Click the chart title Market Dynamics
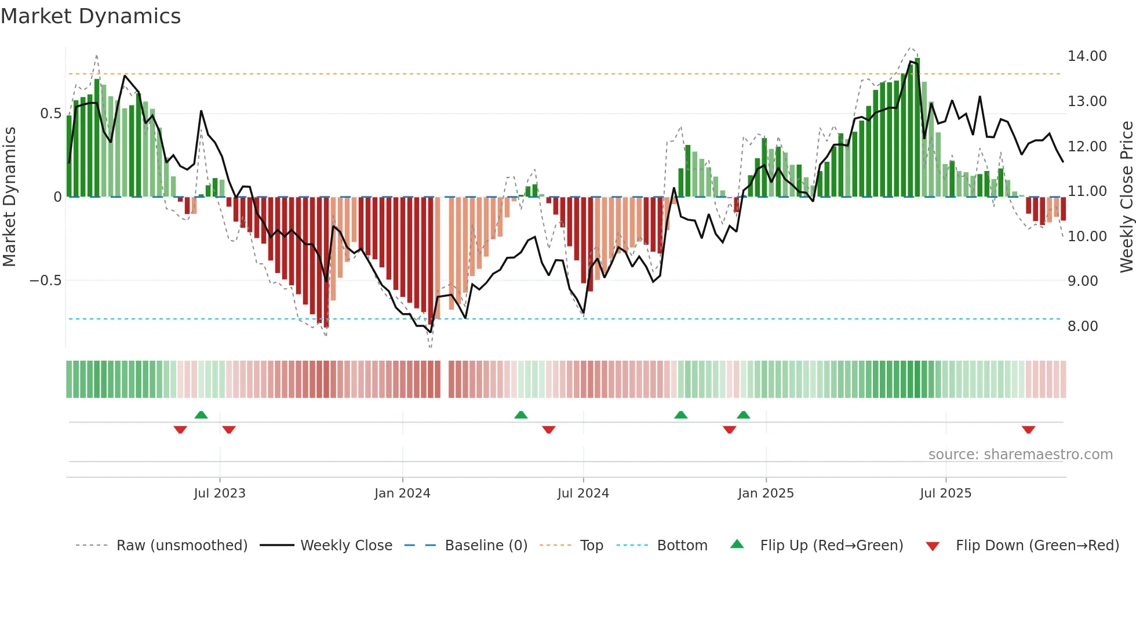pos(90,16)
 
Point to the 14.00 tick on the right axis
pos(1087,56)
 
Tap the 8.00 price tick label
pos(1082,326)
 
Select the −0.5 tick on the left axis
pos(45,281)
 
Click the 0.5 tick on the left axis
pos(50,114)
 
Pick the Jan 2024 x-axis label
pos(402,493)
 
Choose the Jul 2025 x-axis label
pos(945,493)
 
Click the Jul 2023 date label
pos(220,493)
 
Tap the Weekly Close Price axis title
pos(1126,197)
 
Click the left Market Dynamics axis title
pos(9,197)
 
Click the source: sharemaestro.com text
pos(1020,455)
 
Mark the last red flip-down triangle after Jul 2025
pos(1028,430)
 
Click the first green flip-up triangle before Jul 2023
pos(201,415)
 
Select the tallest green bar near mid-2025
pos(917,128)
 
